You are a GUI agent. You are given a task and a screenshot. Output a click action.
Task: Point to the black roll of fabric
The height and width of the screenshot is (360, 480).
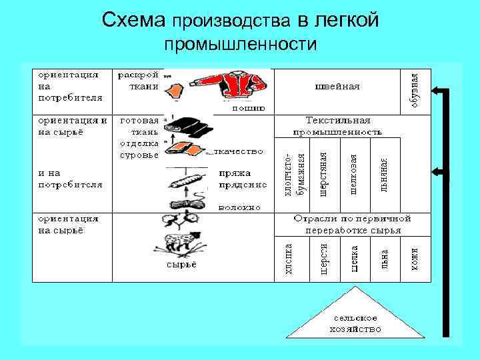[x=189, y=125]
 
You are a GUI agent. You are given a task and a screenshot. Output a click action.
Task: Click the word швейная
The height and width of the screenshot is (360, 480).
[x=337, y=86]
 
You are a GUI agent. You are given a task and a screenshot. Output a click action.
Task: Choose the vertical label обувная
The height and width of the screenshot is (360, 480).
[x=415, y=89]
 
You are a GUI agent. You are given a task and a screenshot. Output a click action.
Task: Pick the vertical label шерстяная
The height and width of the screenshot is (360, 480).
[x=324, y=175]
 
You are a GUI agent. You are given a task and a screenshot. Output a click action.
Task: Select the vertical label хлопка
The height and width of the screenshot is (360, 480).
[x=289, y=259]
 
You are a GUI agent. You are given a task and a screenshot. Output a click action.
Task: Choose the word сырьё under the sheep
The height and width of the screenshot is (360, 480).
[x=181, y=265]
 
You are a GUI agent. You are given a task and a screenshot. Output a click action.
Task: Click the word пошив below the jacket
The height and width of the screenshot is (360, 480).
[x=248, y=107]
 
